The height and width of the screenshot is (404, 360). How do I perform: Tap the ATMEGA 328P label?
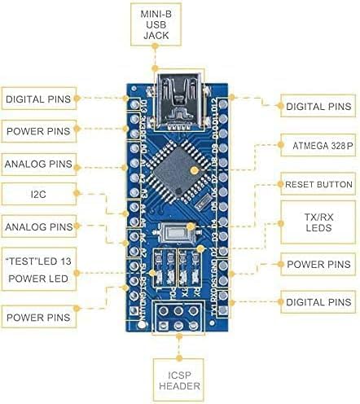[318, 147]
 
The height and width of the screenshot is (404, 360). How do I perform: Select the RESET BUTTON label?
[318, 185]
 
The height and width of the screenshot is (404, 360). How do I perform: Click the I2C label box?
[39, 194]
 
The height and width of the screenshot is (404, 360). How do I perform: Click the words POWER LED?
[39, 278]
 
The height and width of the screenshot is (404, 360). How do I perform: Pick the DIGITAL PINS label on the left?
[37, 99]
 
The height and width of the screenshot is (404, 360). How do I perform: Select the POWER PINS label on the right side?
[318, 265]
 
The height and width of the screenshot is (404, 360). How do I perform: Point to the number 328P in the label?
[341, 147]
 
